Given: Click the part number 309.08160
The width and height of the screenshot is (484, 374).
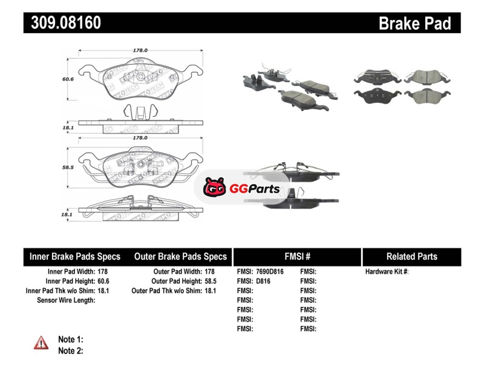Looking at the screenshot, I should click(x=62, y=24).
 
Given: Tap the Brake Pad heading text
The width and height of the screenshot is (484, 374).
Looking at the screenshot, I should click(x=414, y=24).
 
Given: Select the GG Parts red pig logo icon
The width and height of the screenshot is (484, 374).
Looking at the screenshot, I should click(x=214, y=189).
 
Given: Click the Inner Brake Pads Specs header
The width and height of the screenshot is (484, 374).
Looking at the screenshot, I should click(x=75, y=256).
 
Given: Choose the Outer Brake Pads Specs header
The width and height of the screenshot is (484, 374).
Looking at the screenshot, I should click(x=180, y=256).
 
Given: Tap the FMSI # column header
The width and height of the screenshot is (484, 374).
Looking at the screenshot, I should click(x=297, y=256).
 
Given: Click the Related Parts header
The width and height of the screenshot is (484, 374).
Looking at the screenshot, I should click(x=412, y=256).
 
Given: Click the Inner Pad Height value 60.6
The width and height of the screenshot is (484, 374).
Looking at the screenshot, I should click(x=103, y=281).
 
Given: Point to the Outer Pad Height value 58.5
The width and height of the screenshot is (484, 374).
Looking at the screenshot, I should click(x=210, y=281).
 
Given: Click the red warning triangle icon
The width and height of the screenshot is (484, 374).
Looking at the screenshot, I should click(x=41, y=343).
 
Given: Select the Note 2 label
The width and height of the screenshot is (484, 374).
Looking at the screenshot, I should click(x=71, y=350).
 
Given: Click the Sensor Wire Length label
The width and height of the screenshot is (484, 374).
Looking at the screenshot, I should click(x=66, y=300).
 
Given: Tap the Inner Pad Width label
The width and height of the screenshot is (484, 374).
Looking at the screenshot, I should click(x=68, y=272).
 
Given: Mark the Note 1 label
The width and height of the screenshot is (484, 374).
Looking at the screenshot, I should click(x=71, y=340).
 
